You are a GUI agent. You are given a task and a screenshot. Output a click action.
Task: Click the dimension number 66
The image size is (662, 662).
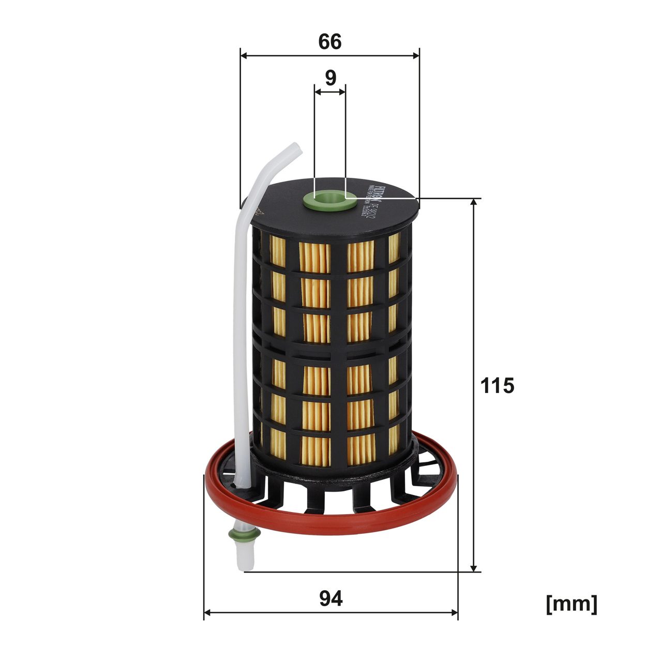pos(329,41)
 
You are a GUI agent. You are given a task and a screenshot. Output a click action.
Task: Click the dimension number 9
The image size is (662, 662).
pos(330,78)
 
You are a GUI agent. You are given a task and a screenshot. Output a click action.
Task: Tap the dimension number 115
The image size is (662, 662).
pos(497,385)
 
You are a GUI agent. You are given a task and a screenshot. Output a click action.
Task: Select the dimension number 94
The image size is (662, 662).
pos(330,599)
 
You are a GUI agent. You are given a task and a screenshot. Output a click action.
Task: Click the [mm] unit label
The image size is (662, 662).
pos(571,604)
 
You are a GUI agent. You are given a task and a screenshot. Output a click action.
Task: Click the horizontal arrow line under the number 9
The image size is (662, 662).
pos(330,92)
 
